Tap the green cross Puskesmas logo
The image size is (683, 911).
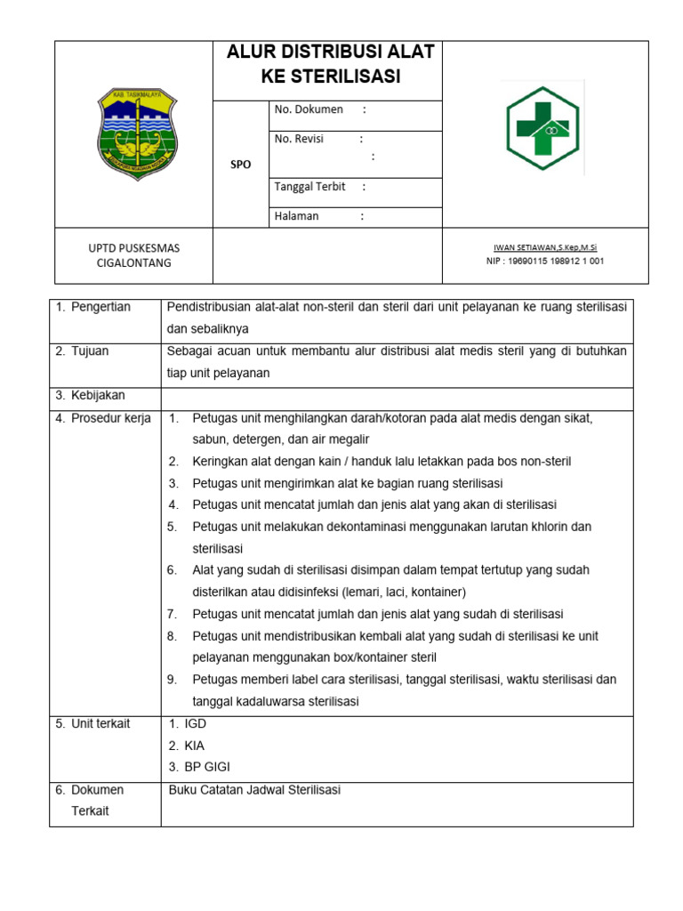click(x=542, y=128)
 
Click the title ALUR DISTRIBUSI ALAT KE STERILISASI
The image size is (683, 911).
click(x=330, y=65)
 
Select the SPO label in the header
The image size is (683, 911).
click(x=240, y=165)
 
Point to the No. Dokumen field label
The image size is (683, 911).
click(x=309, y=109)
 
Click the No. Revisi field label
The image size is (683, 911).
click(x=299, y=139)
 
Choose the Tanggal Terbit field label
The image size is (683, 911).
click(x=309, y=187)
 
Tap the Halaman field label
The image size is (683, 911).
click(x=296, y=216)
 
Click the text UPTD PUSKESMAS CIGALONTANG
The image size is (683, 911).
click(x=133, y=255)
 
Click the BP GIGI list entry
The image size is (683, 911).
click(x=206, y=767)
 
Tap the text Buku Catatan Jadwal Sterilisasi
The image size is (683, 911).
click(x=254, y=790)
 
